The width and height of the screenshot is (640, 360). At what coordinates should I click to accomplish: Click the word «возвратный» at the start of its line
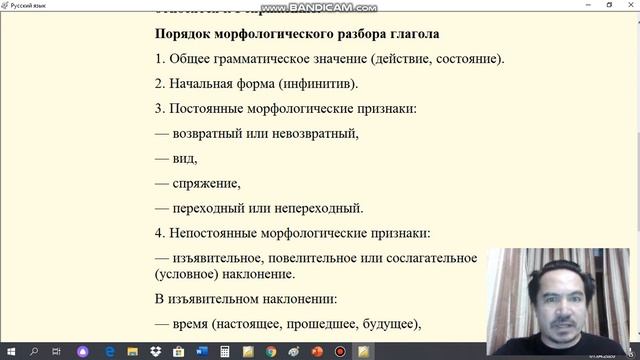point(208,133)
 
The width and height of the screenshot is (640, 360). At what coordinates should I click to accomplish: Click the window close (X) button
point(628,5)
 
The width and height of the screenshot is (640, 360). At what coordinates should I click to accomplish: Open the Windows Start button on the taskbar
point(9,352)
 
